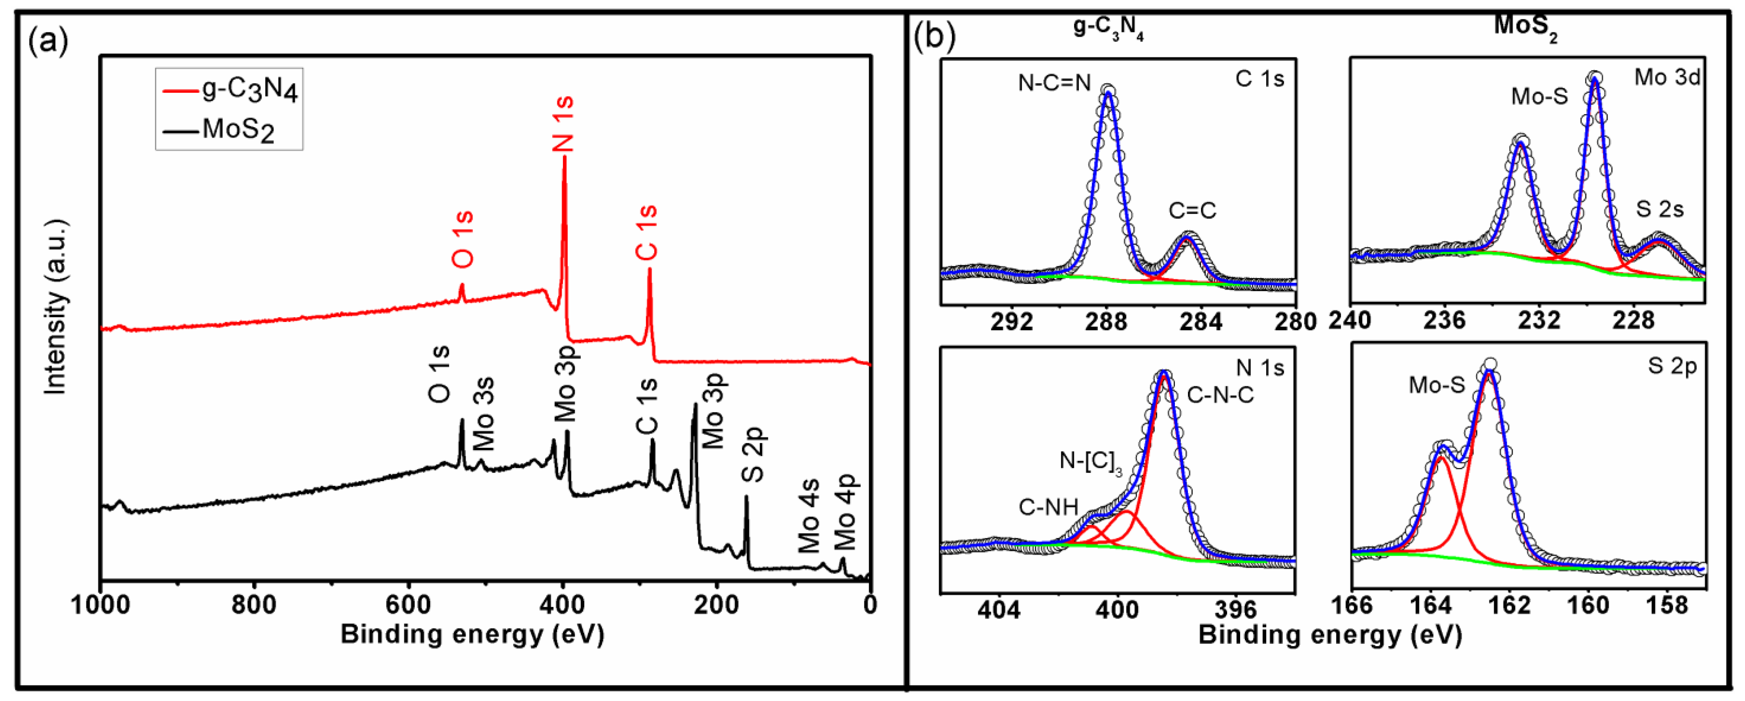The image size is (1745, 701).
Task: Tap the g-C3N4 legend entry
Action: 230,90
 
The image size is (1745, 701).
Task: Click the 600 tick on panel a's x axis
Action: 408,604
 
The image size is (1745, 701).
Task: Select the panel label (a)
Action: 48,42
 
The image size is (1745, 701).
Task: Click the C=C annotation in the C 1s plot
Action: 1192,210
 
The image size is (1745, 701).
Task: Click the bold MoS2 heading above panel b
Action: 1525,27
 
